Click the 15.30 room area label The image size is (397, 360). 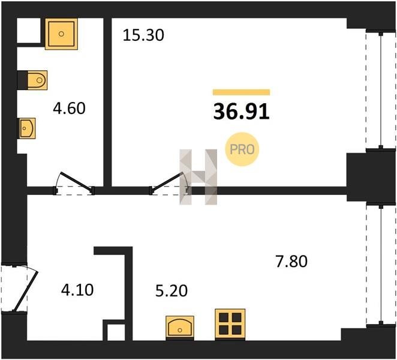tap(143, 35)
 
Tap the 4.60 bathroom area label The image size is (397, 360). tap(69, 108)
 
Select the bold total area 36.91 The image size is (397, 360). tap(241, 112)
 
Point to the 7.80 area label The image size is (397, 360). tap(291, 262)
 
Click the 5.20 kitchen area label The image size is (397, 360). tap(172, 290)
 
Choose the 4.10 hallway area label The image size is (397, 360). tap(77, 290)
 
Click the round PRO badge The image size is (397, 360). tap(242, 149)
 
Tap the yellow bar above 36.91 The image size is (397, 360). tap(241, 92)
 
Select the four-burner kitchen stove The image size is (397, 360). tap(230, 325)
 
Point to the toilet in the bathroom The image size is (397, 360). tap(37, 80)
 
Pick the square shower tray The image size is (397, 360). tap(61, 34)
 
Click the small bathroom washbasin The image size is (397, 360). tap(26, 128)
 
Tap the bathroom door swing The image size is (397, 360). tap(74, 184)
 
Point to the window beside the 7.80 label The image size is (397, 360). tap(381, 265)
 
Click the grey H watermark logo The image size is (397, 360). tap(198, 176)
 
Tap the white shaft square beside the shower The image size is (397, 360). tap(29, 31)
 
